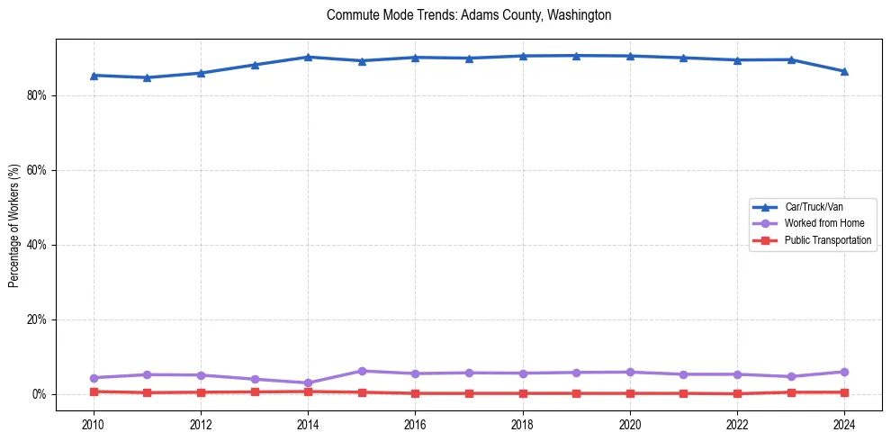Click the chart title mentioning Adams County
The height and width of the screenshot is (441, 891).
469,15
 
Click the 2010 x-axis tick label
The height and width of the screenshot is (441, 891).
94,424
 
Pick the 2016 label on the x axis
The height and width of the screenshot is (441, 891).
415,424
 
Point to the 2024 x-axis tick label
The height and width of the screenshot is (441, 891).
844,424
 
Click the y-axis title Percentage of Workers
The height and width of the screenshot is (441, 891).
14,226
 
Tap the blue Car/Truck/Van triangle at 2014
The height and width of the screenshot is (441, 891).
308,57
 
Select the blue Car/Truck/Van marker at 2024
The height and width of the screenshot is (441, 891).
844,71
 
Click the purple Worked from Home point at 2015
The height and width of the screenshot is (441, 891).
362,371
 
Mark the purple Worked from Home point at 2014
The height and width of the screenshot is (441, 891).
308,382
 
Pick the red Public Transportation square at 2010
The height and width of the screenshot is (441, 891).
94,391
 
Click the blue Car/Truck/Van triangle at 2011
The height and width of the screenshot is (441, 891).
148,77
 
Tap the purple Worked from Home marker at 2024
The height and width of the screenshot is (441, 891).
844,372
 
